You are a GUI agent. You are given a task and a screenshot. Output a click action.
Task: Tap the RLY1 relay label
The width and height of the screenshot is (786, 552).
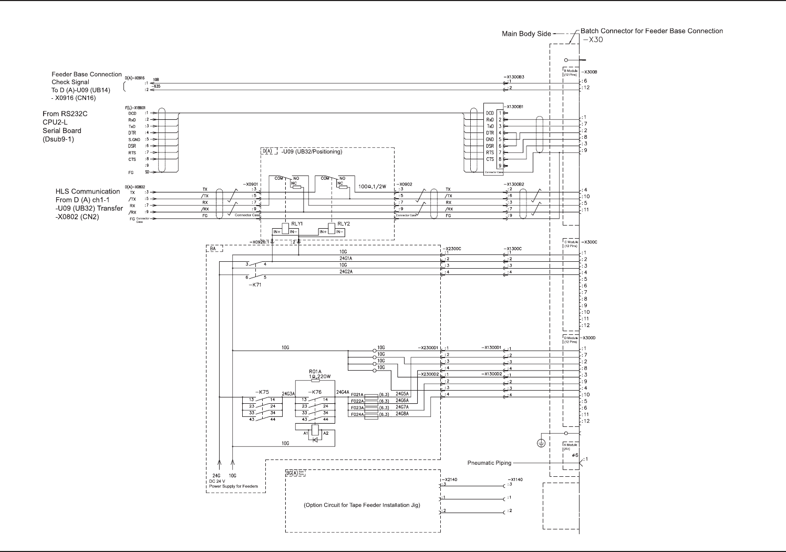tap(297, 223)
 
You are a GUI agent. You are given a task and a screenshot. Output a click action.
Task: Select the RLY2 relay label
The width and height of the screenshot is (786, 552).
tap(344, 223)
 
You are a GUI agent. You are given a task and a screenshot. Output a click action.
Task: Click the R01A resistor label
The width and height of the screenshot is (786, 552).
tap(315, 371)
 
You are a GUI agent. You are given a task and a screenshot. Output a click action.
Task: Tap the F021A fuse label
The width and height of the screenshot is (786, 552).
tap(357, 394)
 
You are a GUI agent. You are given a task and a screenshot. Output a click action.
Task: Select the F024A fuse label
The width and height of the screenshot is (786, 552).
tap(357, 414)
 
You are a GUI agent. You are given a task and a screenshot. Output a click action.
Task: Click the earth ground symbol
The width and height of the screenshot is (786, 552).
tap(541, 444)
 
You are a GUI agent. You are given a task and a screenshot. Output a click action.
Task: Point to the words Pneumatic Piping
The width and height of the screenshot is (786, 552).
tap(489, 463)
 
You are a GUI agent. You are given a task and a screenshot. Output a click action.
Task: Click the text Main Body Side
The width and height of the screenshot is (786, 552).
tap(526, 34)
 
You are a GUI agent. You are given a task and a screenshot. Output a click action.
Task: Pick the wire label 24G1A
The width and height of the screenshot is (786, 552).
tap(346, 259)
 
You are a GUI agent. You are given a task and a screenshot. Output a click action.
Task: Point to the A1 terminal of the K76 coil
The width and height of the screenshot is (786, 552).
tap(306, 433)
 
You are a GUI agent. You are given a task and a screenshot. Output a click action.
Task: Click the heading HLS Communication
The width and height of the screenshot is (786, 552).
tap(88, 191)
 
